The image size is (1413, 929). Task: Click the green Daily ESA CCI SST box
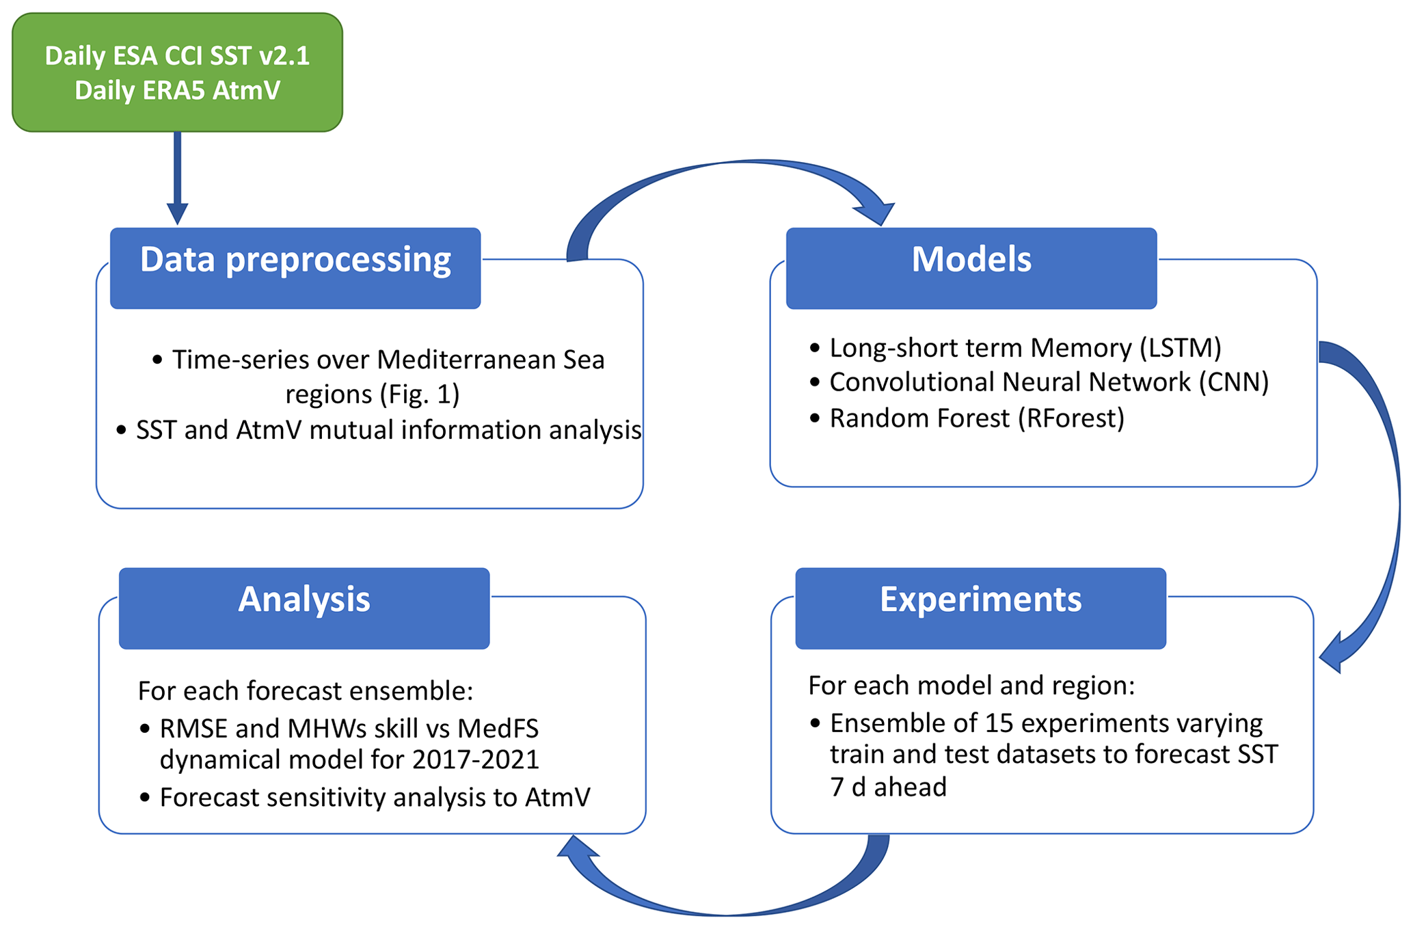coord(177,72)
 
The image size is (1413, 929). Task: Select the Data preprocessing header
coord(295,267)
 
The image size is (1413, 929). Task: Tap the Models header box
coord(971,267)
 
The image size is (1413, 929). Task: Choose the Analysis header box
coord(304,608)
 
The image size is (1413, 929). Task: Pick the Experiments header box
coord(980,608)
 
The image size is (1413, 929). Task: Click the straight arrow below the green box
coord(177,178)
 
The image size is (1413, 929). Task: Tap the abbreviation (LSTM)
coord(1180,348)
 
